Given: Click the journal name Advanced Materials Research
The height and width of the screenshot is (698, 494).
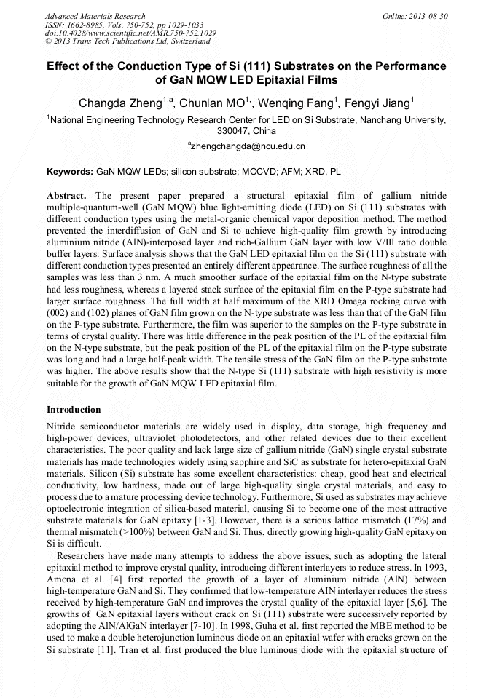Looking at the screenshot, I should pos(95,16).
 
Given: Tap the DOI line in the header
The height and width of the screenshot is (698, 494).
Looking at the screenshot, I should pos(130,33).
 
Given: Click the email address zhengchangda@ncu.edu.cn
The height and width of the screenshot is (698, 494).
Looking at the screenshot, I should pos(248,146).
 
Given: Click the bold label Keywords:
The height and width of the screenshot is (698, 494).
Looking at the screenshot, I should pos(70,172).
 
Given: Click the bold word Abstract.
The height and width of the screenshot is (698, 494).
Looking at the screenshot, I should pos(66,197).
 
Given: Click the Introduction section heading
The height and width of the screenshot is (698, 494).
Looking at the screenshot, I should pos(74,410).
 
